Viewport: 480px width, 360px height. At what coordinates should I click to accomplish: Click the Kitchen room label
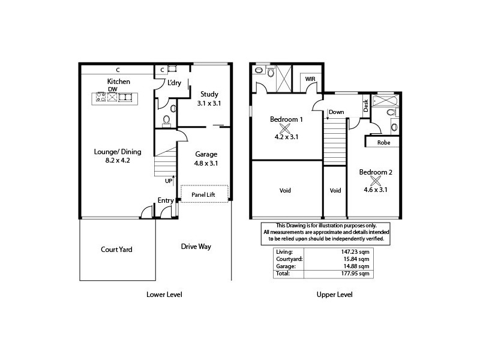[119, 82]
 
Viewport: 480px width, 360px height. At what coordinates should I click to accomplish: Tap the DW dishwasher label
[112, 89]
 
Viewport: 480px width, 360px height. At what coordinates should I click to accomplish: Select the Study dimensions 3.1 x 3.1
[209, 103]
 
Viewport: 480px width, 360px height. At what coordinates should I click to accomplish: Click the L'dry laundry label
[175, 83]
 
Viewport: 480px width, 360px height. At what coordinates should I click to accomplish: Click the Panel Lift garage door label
[205, 194]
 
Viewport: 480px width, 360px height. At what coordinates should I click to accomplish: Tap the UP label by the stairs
[169, 180]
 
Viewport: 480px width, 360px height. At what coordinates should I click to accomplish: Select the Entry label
[166, 200]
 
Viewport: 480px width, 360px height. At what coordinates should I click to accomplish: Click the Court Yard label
[116, 249]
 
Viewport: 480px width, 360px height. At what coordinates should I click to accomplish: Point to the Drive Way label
[196, 247]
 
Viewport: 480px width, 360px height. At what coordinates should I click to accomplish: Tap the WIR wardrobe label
[310, 79]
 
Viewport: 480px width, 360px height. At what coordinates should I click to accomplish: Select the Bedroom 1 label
[286, 119]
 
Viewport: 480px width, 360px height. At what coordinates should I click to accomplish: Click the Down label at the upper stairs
[336, 112]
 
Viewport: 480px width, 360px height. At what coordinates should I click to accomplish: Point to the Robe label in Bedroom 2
[384, 143]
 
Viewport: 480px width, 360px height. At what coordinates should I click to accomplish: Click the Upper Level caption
[334, 295]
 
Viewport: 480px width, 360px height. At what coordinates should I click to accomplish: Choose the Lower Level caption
[164, 295]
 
